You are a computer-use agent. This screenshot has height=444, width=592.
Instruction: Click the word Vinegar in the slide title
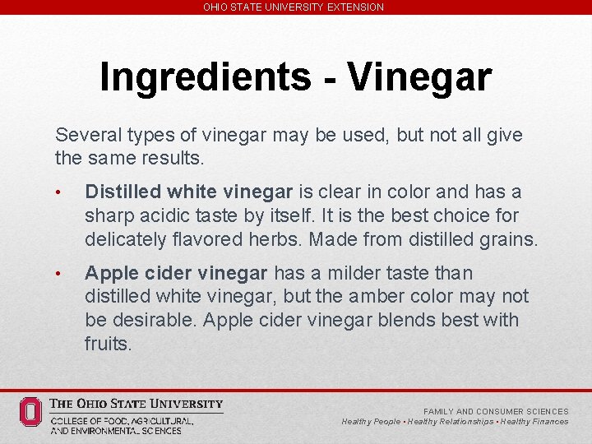pos(419,77)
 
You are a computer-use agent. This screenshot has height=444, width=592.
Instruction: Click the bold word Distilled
pos(123,192)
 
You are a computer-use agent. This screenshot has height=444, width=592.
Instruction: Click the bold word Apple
pos(109,273)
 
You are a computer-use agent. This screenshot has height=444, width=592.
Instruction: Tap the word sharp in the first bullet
pos(108,216)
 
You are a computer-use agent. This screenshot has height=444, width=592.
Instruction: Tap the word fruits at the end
pos(108,345)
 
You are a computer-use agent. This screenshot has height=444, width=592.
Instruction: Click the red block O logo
pos(30,411)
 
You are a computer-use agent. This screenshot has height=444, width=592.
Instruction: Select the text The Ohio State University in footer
pos(136,404)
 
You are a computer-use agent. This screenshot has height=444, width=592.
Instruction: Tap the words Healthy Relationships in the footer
pos(450,422)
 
